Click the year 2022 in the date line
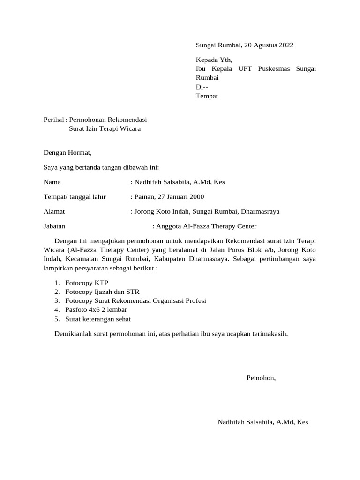(286, 45)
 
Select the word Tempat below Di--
(207, 96)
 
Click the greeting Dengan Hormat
(68, 152)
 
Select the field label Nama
(52, 182)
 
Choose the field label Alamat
(54, 211)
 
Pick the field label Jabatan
(54, 226)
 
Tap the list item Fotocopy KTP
(87, 283)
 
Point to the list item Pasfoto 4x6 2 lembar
(97, 310)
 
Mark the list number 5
(56, 319)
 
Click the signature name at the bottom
(263, 422)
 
